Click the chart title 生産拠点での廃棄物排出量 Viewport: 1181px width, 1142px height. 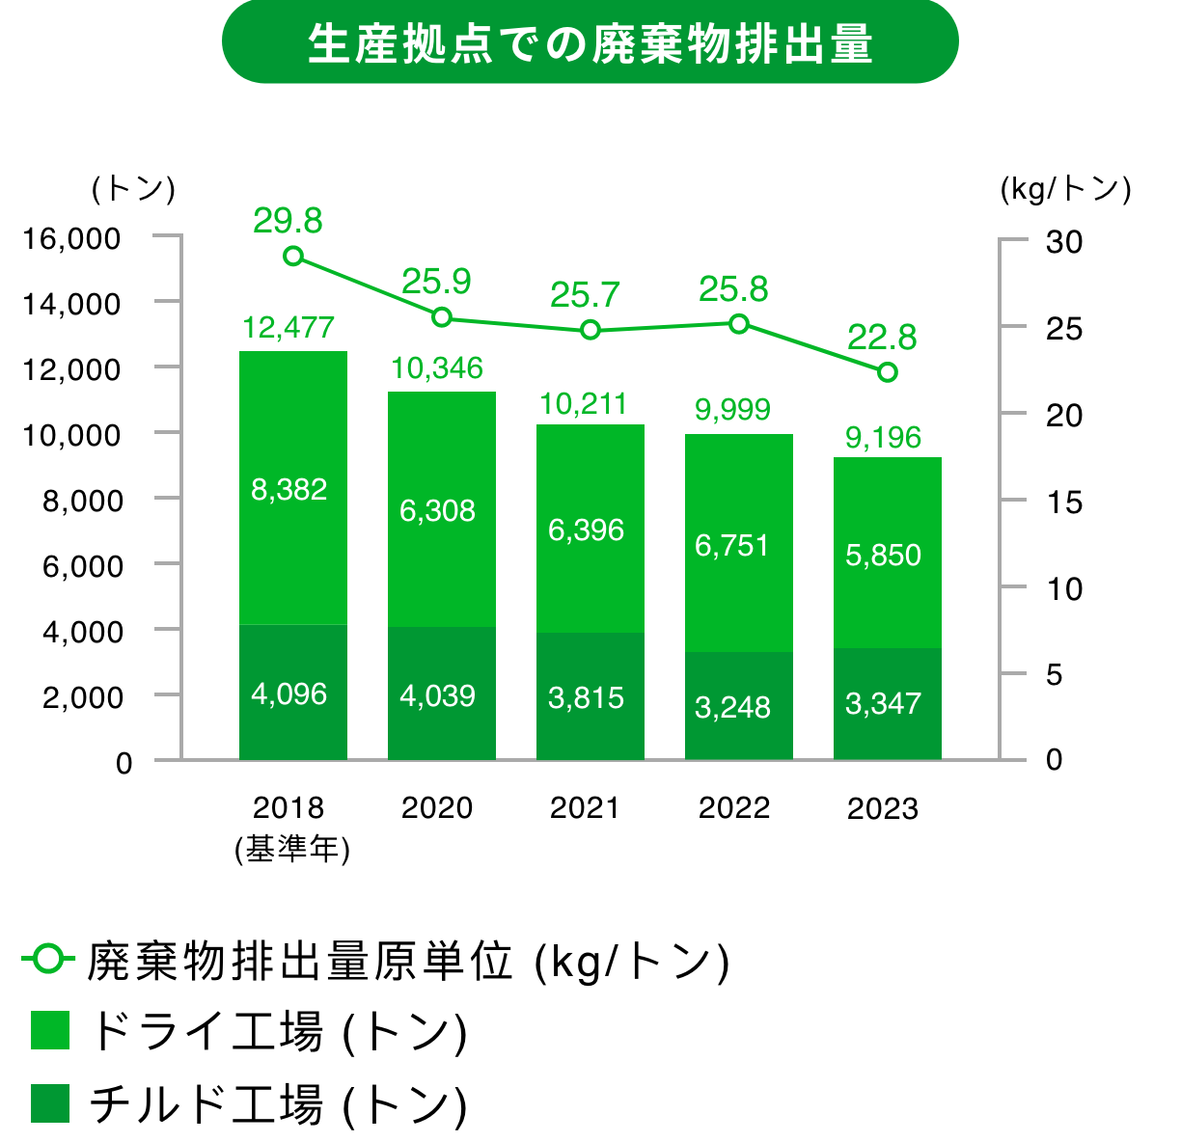pos(590,43)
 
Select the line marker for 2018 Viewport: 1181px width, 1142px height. pos(293,256)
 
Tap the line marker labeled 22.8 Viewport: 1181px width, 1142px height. pos(887,372)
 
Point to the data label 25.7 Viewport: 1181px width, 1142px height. pos(585,295)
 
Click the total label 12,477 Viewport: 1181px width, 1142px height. pos(288,328)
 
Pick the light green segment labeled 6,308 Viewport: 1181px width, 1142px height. pos(441,509)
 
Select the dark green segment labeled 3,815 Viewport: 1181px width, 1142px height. pos(590,697)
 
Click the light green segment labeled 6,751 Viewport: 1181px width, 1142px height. pos(738,544)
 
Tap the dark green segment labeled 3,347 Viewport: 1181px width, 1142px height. pos(887,703)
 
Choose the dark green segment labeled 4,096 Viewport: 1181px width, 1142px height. pos(292,693)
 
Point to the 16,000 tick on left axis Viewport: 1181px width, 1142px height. pos(72,238)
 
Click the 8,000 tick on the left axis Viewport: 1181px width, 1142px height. pos(83,501)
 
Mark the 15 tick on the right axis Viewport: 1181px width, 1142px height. pos(1064,502)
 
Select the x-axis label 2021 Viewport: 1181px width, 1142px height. pos(586,807)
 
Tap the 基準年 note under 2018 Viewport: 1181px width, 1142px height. pos(292,849)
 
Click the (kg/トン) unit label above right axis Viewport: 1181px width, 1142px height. pos(1065,189)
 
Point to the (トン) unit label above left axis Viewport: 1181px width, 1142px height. pos(133,189)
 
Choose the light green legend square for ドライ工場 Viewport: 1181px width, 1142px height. pos(50,1029)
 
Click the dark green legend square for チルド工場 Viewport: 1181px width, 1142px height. pos(50,1103)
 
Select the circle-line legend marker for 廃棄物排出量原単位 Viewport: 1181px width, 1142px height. pos(47,960)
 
